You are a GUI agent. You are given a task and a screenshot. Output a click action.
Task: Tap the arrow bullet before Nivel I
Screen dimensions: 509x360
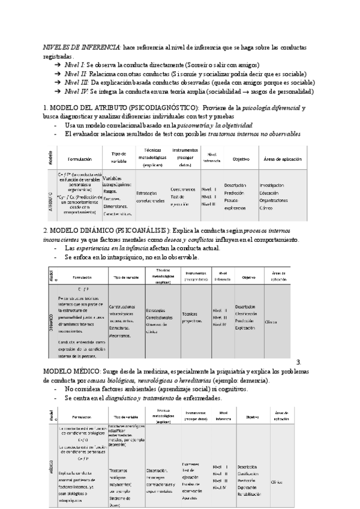[x=56, y=64]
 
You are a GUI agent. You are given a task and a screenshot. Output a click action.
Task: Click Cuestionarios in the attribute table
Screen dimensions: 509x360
[x=183, y=188]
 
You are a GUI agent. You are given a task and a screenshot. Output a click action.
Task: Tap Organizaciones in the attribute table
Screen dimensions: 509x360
[x=275, y=200]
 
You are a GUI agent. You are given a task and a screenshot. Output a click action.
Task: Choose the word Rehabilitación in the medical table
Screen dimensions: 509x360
[x=251, y=477]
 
